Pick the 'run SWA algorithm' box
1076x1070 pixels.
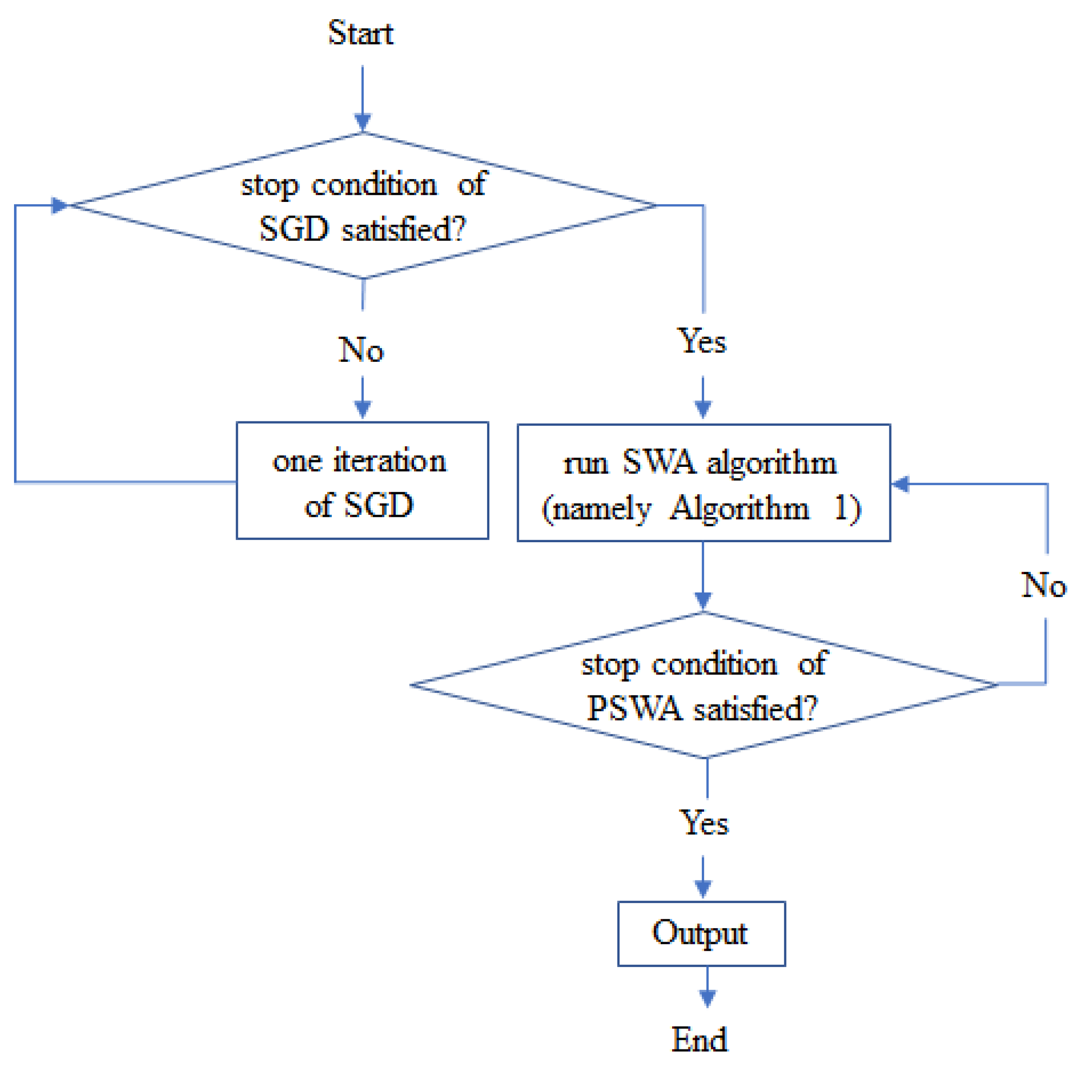[704, 483]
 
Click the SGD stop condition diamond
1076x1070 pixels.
[363, 205]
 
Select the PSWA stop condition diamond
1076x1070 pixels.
[704, 685]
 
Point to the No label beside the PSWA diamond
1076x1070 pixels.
[1043, 585]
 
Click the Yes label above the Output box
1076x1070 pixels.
[704, 823]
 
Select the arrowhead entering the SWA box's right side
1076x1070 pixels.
[901, 484]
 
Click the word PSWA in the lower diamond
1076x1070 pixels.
[634, 709]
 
